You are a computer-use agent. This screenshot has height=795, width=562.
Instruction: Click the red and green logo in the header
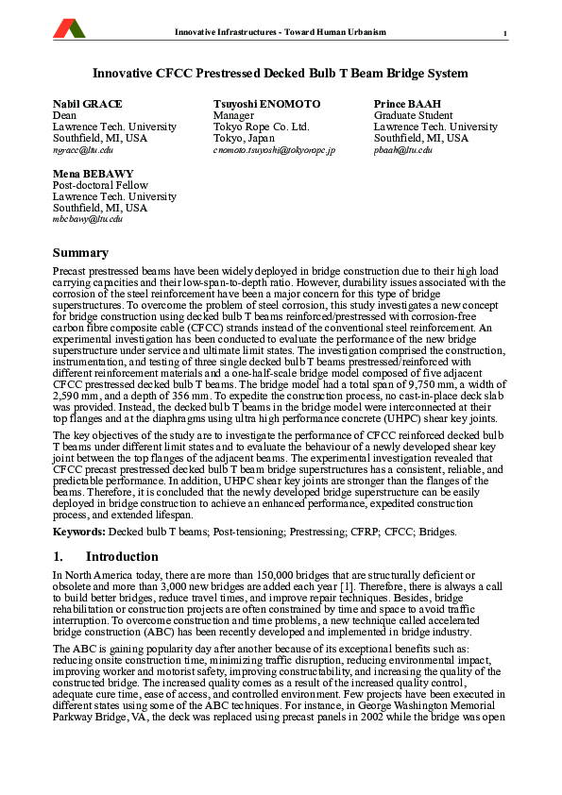69,29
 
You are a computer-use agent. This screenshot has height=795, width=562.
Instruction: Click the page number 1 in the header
505,34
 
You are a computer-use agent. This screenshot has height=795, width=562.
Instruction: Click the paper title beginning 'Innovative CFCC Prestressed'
280,73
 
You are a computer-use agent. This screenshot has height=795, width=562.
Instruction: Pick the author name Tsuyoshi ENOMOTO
266,103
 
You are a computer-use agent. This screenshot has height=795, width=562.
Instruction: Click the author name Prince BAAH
407,103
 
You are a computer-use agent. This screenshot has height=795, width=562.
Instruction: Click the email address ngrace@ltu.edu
83,150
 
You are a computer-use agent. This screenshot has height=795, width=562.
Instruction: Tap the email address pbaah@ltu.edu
403,150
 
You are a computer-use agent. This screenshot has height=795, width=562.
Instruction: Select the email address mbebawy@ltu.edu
88,219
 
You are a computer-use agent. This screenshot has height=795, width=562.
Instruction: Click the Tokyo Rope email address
274,150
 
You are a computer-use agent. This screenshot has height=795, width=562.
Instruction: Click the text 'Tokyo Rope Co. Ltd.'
261,127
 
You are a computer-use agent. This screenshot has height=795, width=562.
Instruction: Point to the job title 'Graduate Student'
413,115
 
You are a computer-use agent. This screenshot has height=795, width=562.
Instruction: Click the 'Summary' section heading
80,253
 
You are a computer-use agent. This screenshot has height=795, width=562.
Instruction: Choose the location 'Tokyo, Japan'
244,138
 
